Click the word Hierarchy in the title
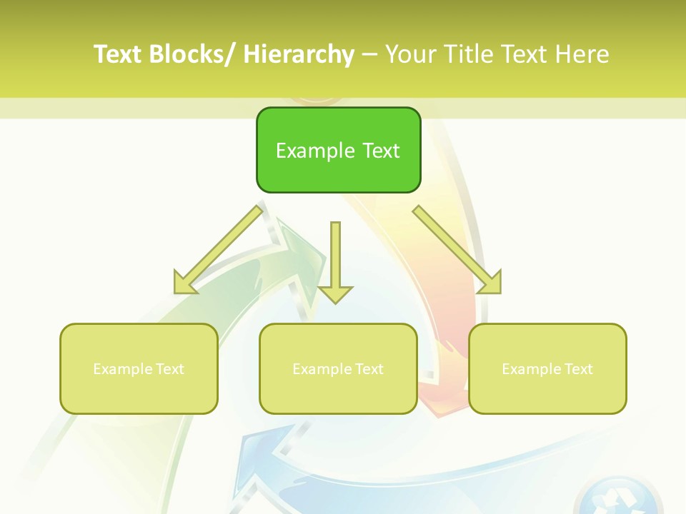[299, 54]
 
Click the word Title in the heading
[470, 54]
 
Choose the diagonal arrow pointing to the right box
[457, 251]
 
